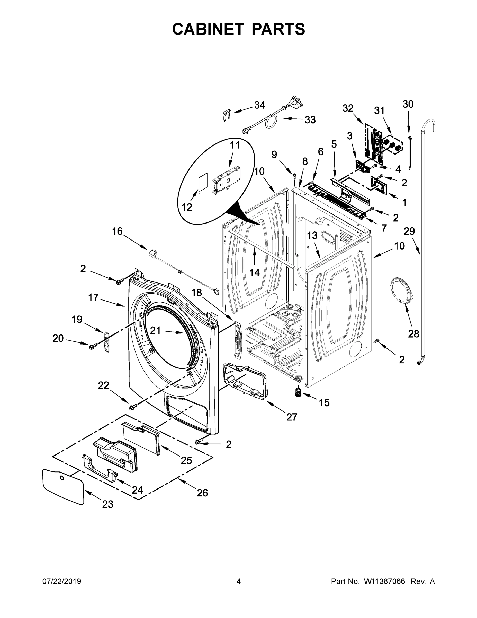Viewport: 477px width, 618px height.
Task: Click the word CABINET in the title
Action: click(208, 29)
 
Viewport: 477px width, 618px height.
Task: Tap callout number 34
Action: click(259, 105)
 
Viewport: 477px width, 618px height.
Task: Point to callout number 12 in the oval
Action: click(187, 207)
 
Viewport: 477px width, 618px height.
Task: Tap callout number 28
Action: click(413, 334)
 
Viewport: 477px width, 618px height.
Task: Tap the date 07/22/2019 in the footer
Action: click(62, 581)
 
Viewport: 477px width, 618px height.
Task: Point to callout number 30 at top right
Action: click(408, 104)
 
